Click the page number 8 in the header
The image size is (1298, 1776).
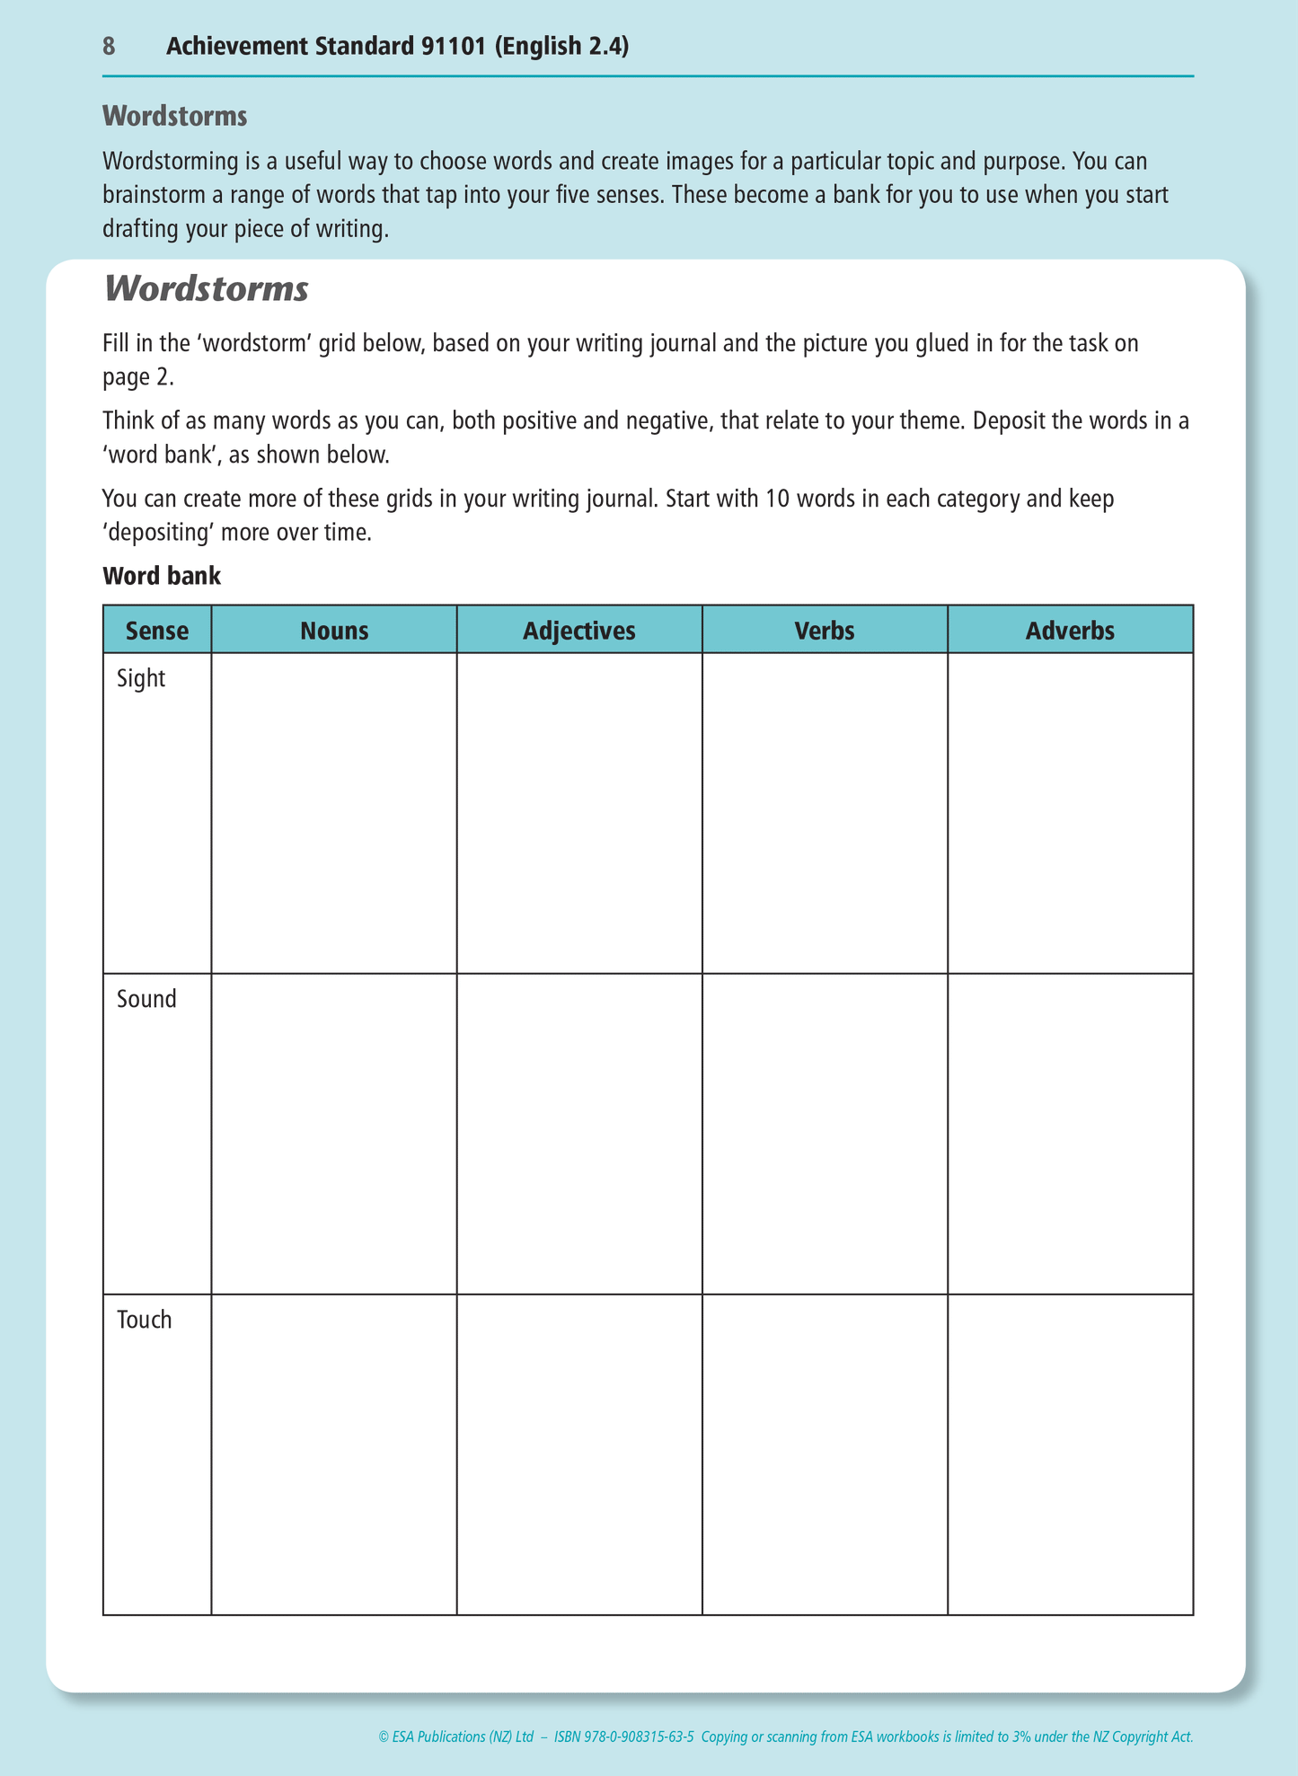coord(109,47)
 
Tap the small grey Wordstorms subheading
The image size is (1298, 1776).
coord(174,116)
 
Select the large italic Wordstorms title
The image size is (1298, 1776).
coord(206,289)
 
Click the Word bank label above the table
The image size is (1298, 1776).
coord(162,576)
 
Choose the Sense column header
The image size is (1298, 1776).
coord(157,631)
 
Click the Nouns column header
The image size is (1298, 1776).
coord(334,631)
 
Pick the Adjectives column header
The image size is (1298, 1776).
coord(579,631)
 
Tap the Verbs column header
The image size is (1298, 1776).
coord(825,631)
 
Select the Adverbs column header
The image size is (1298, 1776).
coord(1070,631)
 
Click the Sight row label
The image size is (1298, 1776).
coord(141,678)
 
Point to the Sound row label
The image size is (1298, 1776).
coord(146,999)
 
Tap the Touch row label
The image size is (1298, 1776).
coord(144,1320)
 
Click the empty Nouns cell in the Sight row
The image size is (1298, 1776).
coord(334,813)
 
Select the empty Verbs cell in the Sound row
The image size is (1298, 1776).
coord(825,1134)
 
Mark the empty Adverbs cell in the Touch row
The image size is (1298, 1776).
coord(1070,1454)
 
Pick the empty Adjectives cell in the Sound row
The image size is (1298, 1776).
coord(579,1134)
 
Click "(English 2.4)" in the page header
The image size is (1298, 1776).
coord(561,47)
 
